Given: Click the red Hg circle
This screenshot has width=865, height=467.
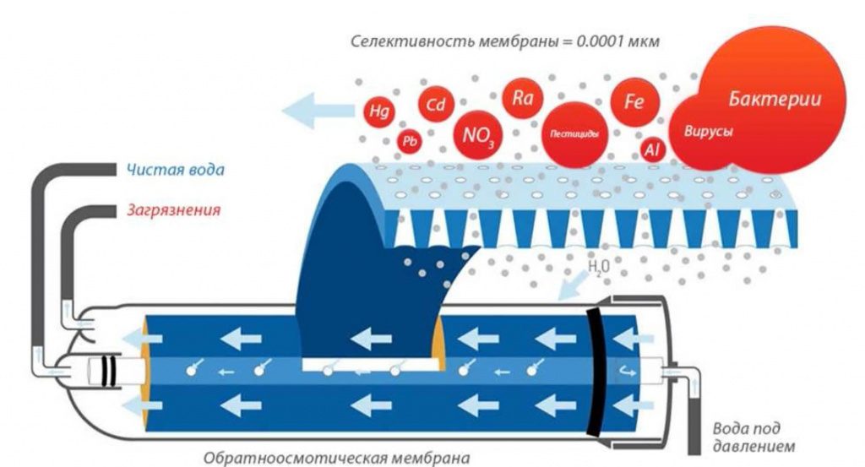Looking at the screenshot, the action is [x=378, y=111].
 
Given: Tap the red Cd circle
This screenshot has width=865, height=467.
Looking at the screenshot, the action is [x=436, y=104].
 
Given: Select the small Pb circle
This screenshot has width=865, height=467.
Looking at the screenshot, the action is [x=410, y=142].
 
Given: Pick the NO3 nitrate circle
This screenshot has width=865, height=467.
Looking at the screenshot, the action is [x=478, y=134].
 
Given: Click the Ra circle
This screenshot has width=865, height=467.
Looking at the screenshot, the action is [x=522, y=98].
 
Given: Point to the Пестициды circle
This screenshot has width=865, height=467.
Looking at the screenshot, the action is [x=574, y=134].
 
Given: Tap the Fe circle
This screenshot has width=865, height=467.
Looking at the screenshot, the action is [x=635, y=101].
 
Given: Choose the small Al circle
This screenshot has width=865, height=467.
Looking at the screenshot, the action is [x=653, y=149].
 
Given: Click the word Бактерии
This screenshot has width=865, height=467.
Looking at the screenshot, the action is [x=775, y=99].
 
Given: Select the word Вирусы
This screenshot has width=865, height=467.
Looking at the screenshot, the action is [x=709, y=132].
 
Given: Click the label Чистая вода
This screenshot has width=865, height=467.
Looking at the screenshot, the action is [x=176, y=169].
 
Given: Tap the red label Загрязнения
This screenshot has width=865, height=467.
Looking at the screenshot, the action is [x=174, y=210].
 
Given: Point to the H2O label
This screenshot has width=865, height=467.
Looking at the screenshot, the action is [x=599, y=267].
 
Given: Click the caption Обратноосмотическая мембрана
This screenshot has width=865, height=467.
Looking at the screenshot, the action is [x=336, y=458].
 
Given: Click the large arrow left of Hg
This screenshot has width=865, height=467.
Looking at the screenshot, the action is [x=318, y=111].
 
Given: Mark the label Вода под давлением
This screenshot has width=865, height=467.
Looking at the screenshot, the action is [x=753, y=437].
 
